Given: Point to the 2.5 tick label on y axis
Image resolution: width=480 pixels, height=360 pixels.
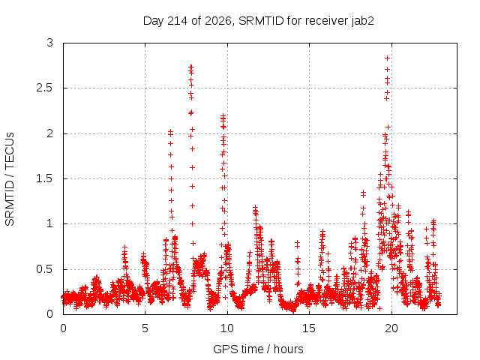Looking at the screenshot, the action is [44, 88].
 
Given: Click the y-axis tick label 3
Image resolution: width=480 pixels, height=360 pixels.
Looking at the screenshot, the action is [50, 43].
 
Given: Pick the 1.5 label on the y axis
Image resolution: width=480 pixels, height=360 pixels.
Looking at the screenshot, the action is [44, 178].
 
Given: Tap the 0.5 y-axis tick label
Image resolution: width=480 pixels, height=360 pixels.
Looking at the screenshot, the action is [44, 269].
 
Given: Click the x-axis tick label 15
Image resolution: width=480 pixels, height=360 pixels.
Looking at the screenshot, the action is [309, 328].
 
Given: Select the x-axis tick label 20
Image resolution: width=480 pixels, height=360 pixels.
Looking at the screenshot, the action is [391, 328].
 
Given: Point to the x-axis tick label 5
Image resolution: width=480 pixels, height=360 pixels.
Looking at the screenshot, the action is [145, 328].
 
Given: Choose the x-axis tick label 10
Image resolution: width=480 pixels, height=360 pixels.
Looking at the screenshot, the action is [226, 328].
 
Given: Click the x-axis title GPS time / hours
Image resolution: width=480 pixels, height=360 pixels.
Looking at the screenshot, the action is [258, 349].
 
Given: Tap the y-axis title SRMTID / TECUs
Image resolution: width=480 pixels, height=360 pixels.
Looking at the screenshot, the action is [10, 178].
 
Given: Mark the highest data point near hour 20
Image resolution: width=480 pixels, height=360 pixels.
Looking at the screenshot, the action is [387, 58].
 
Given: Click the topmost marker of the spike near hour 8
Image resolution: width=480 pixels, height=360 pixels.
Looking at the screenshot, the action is [191, 67].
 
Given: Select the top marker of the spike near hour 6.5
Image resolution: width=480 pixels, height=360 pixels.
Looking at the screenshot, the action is [170, 132].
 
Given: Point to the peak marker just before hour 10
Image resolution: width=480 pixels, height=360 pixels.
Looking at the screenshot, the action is [223, 115].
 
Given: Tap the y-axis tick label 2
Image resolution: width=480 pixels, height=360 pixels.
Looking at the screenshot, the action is [50, 133].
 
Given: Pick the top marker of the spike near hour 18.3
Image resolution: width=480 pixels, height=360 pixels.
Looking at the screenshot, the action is [363, 192].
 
